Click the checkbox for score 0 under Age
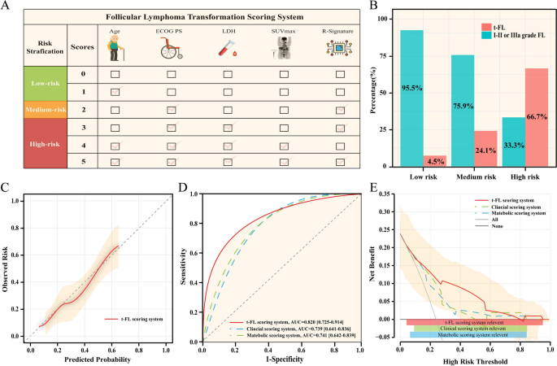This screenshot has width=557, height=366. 114,75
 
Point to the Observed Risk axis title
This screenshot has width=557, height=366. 11,264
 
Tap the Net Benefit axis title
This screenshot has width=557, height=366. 381,264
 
